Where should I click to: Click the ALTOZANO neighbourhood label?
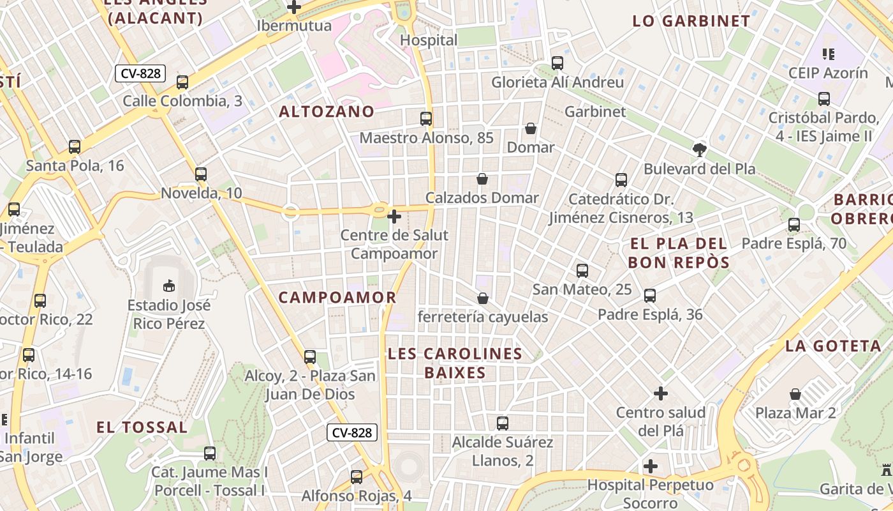pos(327,112)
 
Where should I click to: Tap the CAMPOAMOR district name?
pos(337,298)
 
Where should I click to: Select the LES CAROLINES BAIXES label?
pos(455,363)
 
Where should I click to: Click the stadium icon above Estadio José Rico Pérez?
pos(169,286)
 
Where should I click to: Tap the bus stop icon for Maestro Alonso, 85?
pos(426,119)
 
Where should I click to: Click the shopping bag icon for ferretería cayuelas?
pos(483,298)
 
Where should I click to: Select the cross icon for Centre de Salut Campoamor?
pos(394,217)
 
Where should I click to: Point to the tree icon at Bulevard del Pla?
pos(700,150)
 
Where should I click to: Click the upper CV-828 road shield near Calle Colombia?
pos(140,73)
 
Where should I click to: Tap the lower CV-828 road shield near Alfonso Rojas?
pos(353,432)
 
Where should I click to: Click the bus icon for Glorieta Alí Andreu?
pos(557,63)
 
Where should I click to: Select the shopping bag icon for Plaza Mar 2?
pos(795,394)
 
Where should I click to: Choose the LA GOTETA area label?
pos(833,346)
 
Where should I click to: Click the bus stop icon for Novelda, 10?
pos(201,174)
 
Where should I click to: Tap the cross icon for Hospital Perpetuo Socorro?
pos(650,466)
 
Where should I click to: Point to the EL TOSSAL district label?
pos(142,427)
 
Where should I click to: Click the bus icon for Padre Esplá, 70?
pos(794,225)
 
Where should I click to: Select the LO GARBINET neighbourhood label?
pos(691,21)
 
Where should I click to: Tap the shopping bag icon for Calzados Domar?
pos(483,179)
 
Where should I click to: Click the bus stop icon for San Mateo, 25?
pos(582,271)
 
